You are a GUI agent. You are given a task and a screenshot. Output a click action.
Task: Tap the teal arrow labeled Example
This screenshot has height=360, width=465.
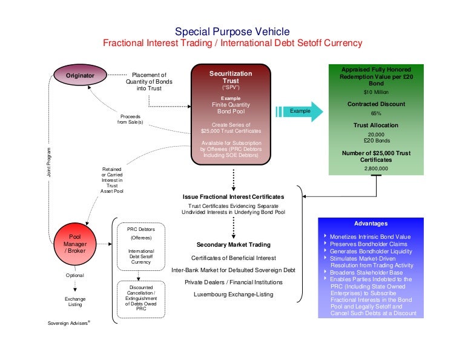(298, 112)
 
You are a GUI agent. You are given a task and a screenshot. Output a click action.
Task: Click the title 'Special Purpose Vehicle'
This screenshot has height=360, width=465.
(232, 32)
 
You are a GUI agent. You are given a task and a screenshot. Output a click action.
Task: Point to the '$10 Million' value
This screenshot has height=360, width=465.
(376, 93)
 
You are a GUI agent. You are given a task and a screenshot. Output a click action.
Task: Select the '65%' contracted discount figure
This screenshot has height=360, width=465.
(376, 113)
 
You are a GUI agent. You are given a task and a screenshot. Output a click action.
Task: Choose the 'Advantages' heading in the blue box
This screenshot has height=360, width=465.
(371, 224)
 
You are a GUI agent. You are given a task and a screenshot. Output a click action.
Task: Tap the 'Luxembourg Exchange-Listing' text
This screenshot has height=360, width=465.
(233, 295)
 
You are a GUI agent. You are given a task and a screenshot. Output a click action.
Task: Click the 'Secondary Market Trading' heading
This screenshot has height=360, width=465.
(233, 245)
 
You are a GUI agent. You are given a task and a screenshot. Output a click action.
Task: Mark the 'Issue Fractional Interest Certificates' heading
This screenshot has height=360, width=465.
(233, 197)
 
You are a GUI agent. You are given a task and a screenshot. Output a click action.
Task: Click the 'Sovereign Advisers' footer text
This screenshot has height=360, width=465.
(68, 323)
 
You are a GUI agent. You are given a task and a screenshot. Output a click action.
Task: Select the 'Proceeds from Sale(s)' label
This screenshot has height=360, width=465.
(130, 119)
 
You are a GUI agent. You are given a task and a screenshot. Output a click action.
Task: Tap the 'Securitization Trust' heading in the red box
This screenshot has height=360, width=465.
(231, 77)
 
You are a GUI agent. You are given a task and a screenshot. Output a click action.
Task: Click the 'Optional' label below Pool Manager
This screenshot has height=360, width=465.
(75, 275)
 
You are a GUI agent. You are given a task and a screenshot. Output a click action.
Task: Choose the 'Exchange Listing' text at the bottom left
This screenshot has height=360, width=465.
(75, 302)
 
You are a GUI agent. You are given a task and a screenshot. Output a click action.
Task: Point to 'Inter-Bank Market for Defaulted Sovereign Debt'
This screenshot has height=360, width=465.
(233, 270)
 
